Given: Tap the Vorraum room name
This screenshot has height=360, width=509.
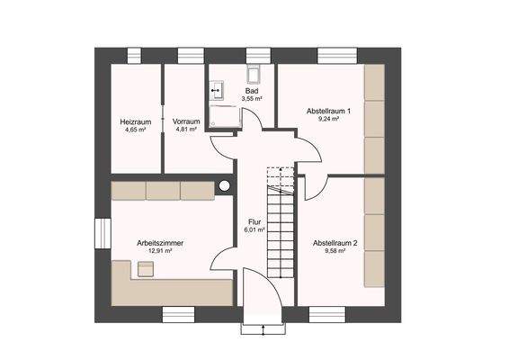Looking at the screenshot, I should pyautogui.click(x=186, y=121).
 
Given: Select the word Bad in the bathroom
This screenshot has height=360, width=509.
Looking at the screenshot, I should pyautogui.click(x=253, y=91).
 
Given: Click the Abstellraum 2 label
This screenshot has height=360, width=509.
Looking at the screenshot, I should pyautogui.click(x=335, y=243).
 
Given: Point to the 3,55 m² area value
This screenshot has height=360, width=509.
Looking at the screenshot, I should pyautogui.click(x=253, y=99).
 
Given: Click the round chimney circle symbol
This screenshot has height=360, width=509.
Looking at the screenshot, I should pyautogui.click(x=223, y=186).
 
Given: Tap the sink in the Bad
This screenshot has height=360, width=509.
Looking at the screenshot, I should pyautogui.click(x=216, y=90).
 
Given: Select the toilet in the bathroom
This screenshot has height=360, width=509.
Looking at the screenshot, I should pyautogui.click(x=254, y=75).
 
